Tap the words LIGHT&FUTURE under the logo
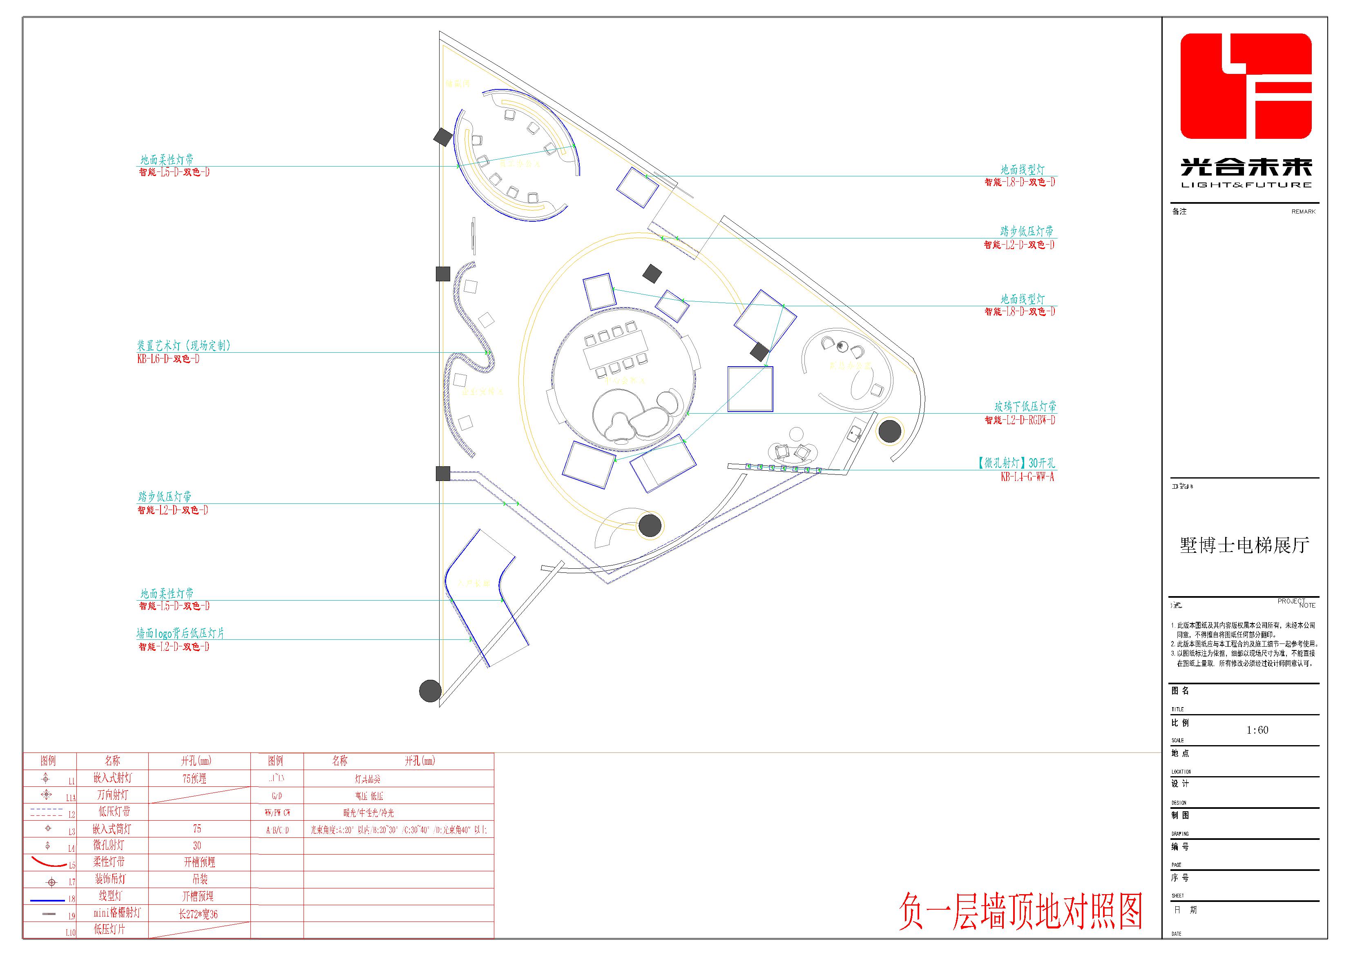(1246, 185)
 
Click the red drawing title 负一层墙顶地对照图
(1020, 911)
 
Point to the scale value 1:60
(1257, 730)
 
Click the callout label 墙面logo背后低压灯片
(181, 633)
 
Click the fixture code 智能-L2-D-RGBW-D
(1020, 420)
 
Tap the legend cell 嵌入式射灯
(112, 778)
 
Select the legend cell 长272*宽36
(198, 914)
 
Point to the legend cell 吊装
(199, 879)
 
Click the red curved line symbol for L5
(49, 863)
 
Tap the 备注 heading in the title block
(1179, 211)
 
